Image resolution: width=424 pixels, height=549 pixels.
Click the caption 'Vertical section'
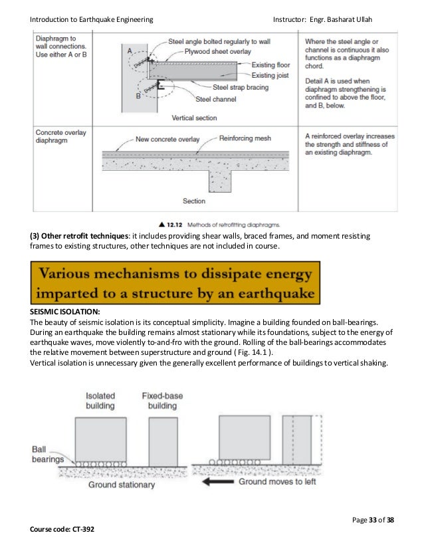(194, 118)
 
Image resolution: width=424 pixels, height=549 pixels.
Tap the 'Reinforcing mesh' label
(245, 139)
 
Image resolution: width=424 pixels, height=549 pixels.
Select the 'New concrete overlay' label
(167, 140)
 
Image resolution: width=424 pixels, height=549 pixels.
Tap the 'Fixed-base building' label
(163, 401)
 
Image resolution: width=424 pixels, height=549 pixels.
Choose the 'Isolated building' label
(100, 401)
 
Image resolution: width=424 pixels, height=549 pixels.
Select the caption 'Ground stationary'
(122, 485)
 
